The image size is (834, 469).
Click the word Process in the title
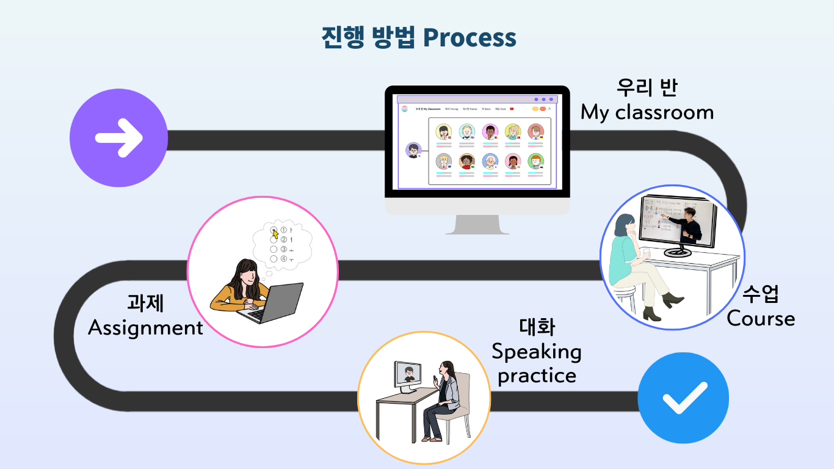(x=470, y=38)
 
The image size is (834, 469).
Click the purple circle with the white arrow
(x=119, y=138)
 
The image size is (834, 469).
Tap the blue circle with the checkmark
(x=683, y=398)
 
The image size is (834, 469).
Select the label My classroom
(x=647, y=112)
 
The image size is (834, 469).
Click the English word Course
(x=761, y=319)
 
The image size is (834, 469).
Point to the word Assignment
(x=145, y=328)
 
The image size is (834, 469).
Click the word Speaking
(x=536, y=352)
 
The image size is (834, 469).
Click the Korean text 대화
(x=537, y=327)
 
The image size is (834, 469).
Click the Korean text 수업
(x=761, y=294)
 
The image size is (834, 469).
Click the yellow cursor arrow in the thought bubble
(x=275, y=233)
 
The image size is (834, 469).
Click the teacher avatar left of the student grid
(x=414, y=150)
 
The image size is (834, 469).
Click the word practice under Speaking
(x=536, y=375)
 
